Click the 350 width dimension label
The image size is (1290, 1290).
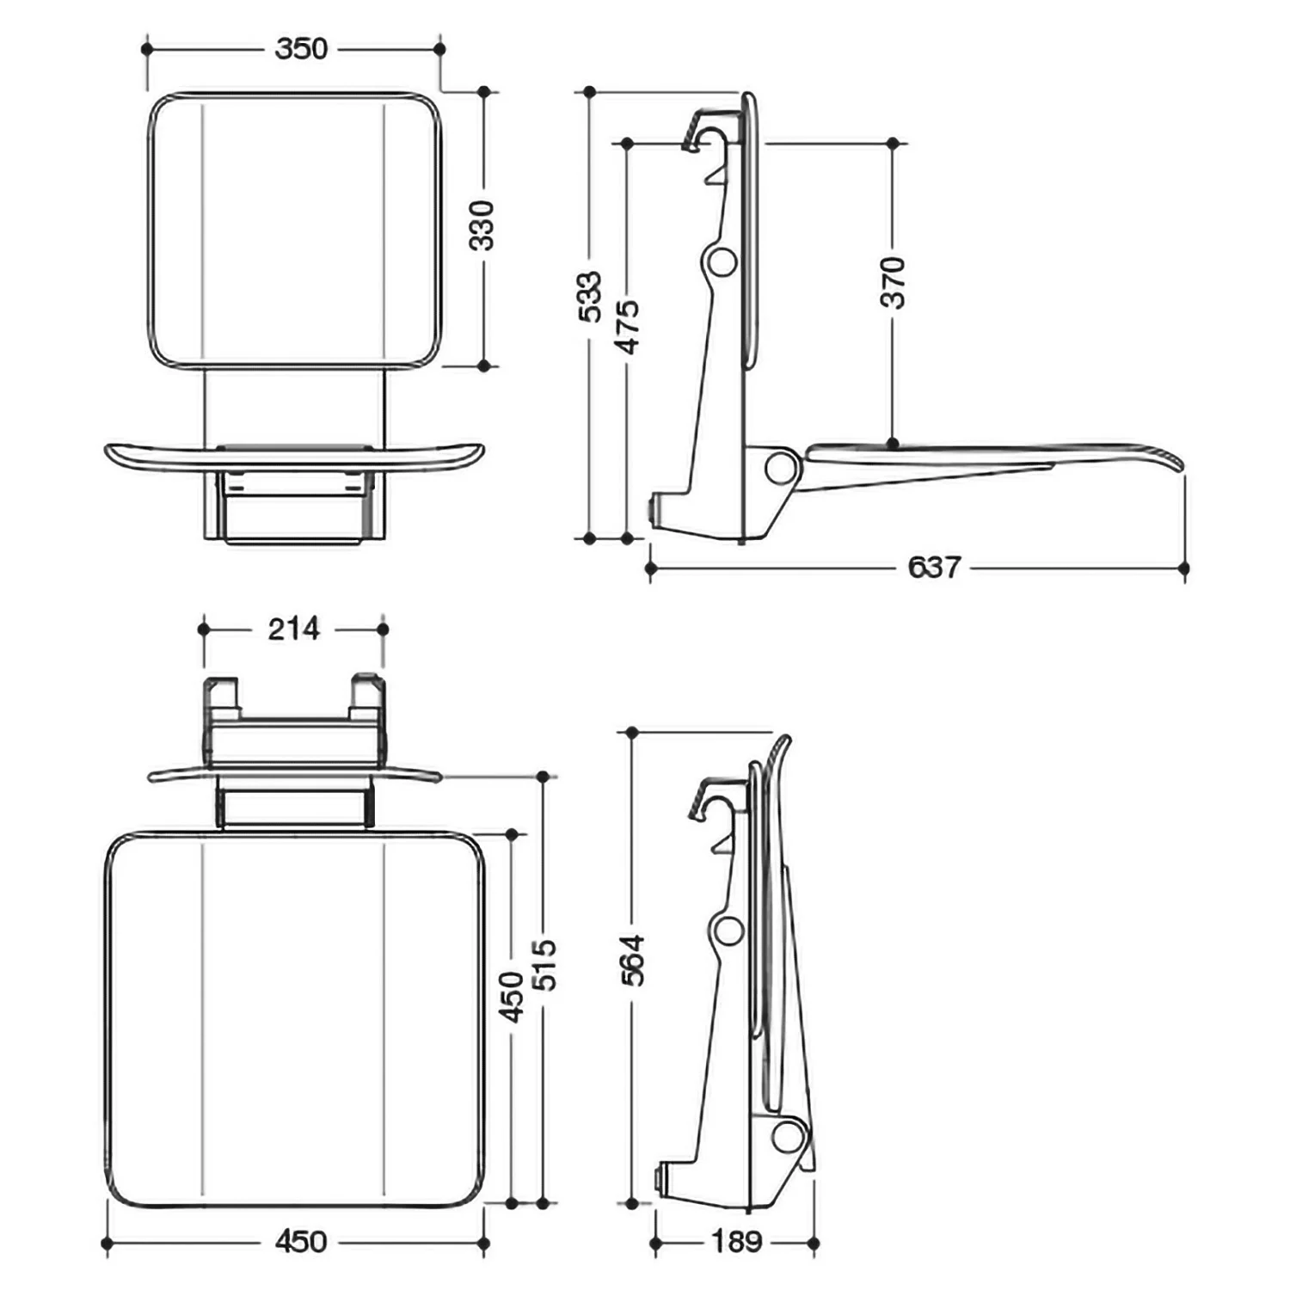tap(301, 49)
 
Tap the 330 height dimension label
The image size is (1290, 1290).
tap(482, 225)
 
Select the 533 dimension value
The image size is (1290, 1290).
tap(590, 297)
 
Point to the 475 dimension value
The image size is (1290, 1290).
tap(628, 327)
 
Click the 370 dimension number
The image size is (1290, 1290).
tap(894, 282)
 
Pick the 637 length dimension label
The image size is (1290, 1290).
tap(933, 568)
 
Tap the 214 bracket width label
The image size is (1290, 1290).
tap(293, 629)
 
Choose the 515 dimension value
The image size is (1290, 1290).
tap(544, 965)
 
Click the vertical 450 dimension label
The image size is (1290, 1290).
tap(513, 996)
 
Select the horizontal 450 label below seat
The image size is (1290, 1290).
tap(301, 1241)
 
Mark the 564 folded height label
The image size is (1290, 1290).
tap(633, 959)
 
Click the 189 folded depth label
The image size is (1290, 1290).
tap(737, 1241)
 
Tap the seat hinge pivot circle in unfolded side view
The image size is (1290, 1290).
tap(781, 467)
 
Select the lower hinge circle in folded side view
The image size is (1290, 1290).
tap(785, 1136)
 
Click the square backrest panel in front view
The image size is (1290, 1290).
tap(295, 230)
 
